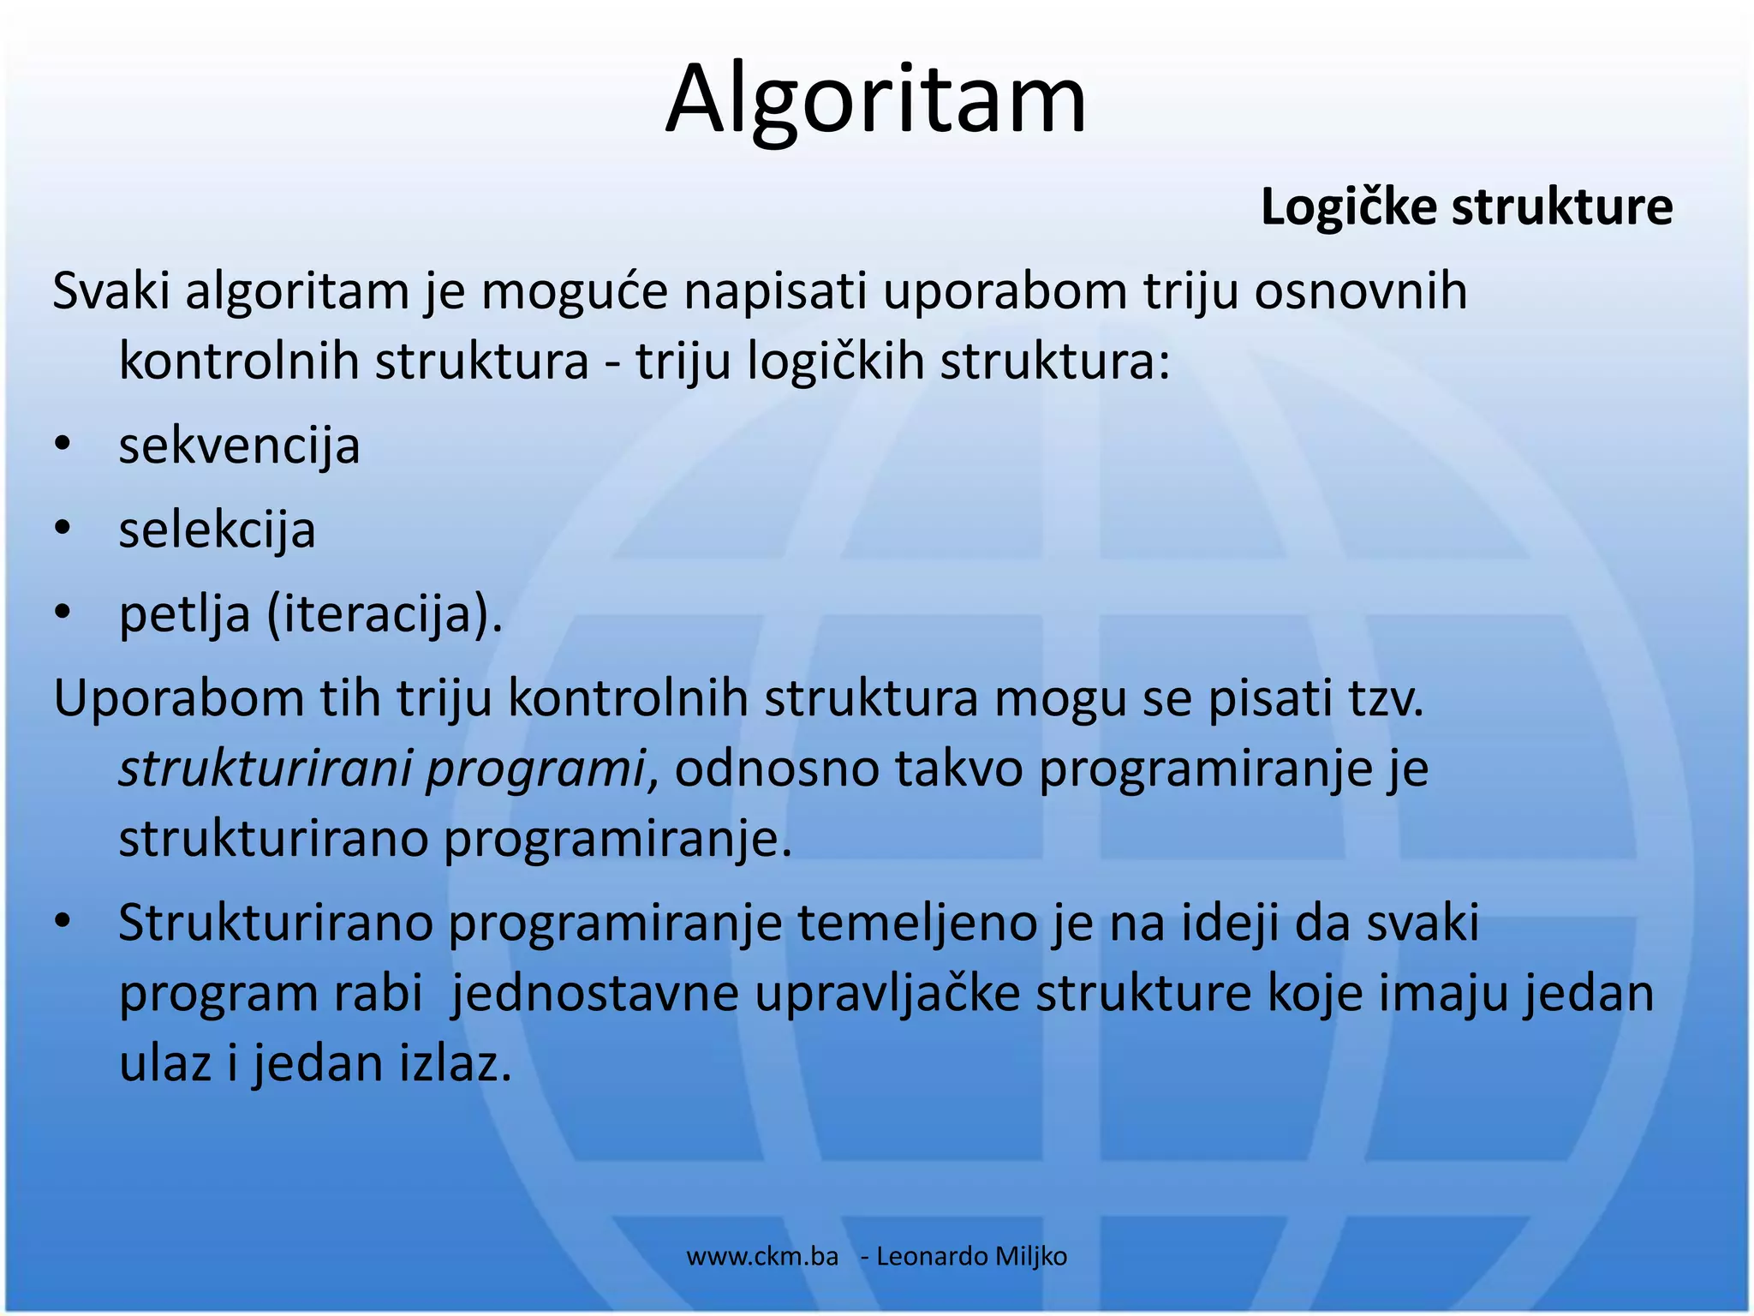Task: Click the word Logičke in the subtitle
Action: (x=1348, y=208)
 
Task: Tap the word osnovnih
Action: (x=1361, y=292)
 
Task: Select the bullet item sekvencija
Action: (x=239, y=446)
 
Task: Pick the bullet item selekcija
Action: (x=217, y=530)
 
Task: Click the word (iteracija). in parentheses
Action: (x=385, y=615)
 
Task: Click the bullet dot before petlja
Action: (x=62, y=613)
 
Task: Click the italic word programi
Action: (x=535, y=769)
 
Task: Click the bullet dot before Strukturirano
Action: (x=62, y=923)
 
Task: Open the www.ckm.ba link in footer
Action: (x=762, y=1257)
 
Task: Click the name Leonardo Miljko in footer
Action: (x=971, y=1257)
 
